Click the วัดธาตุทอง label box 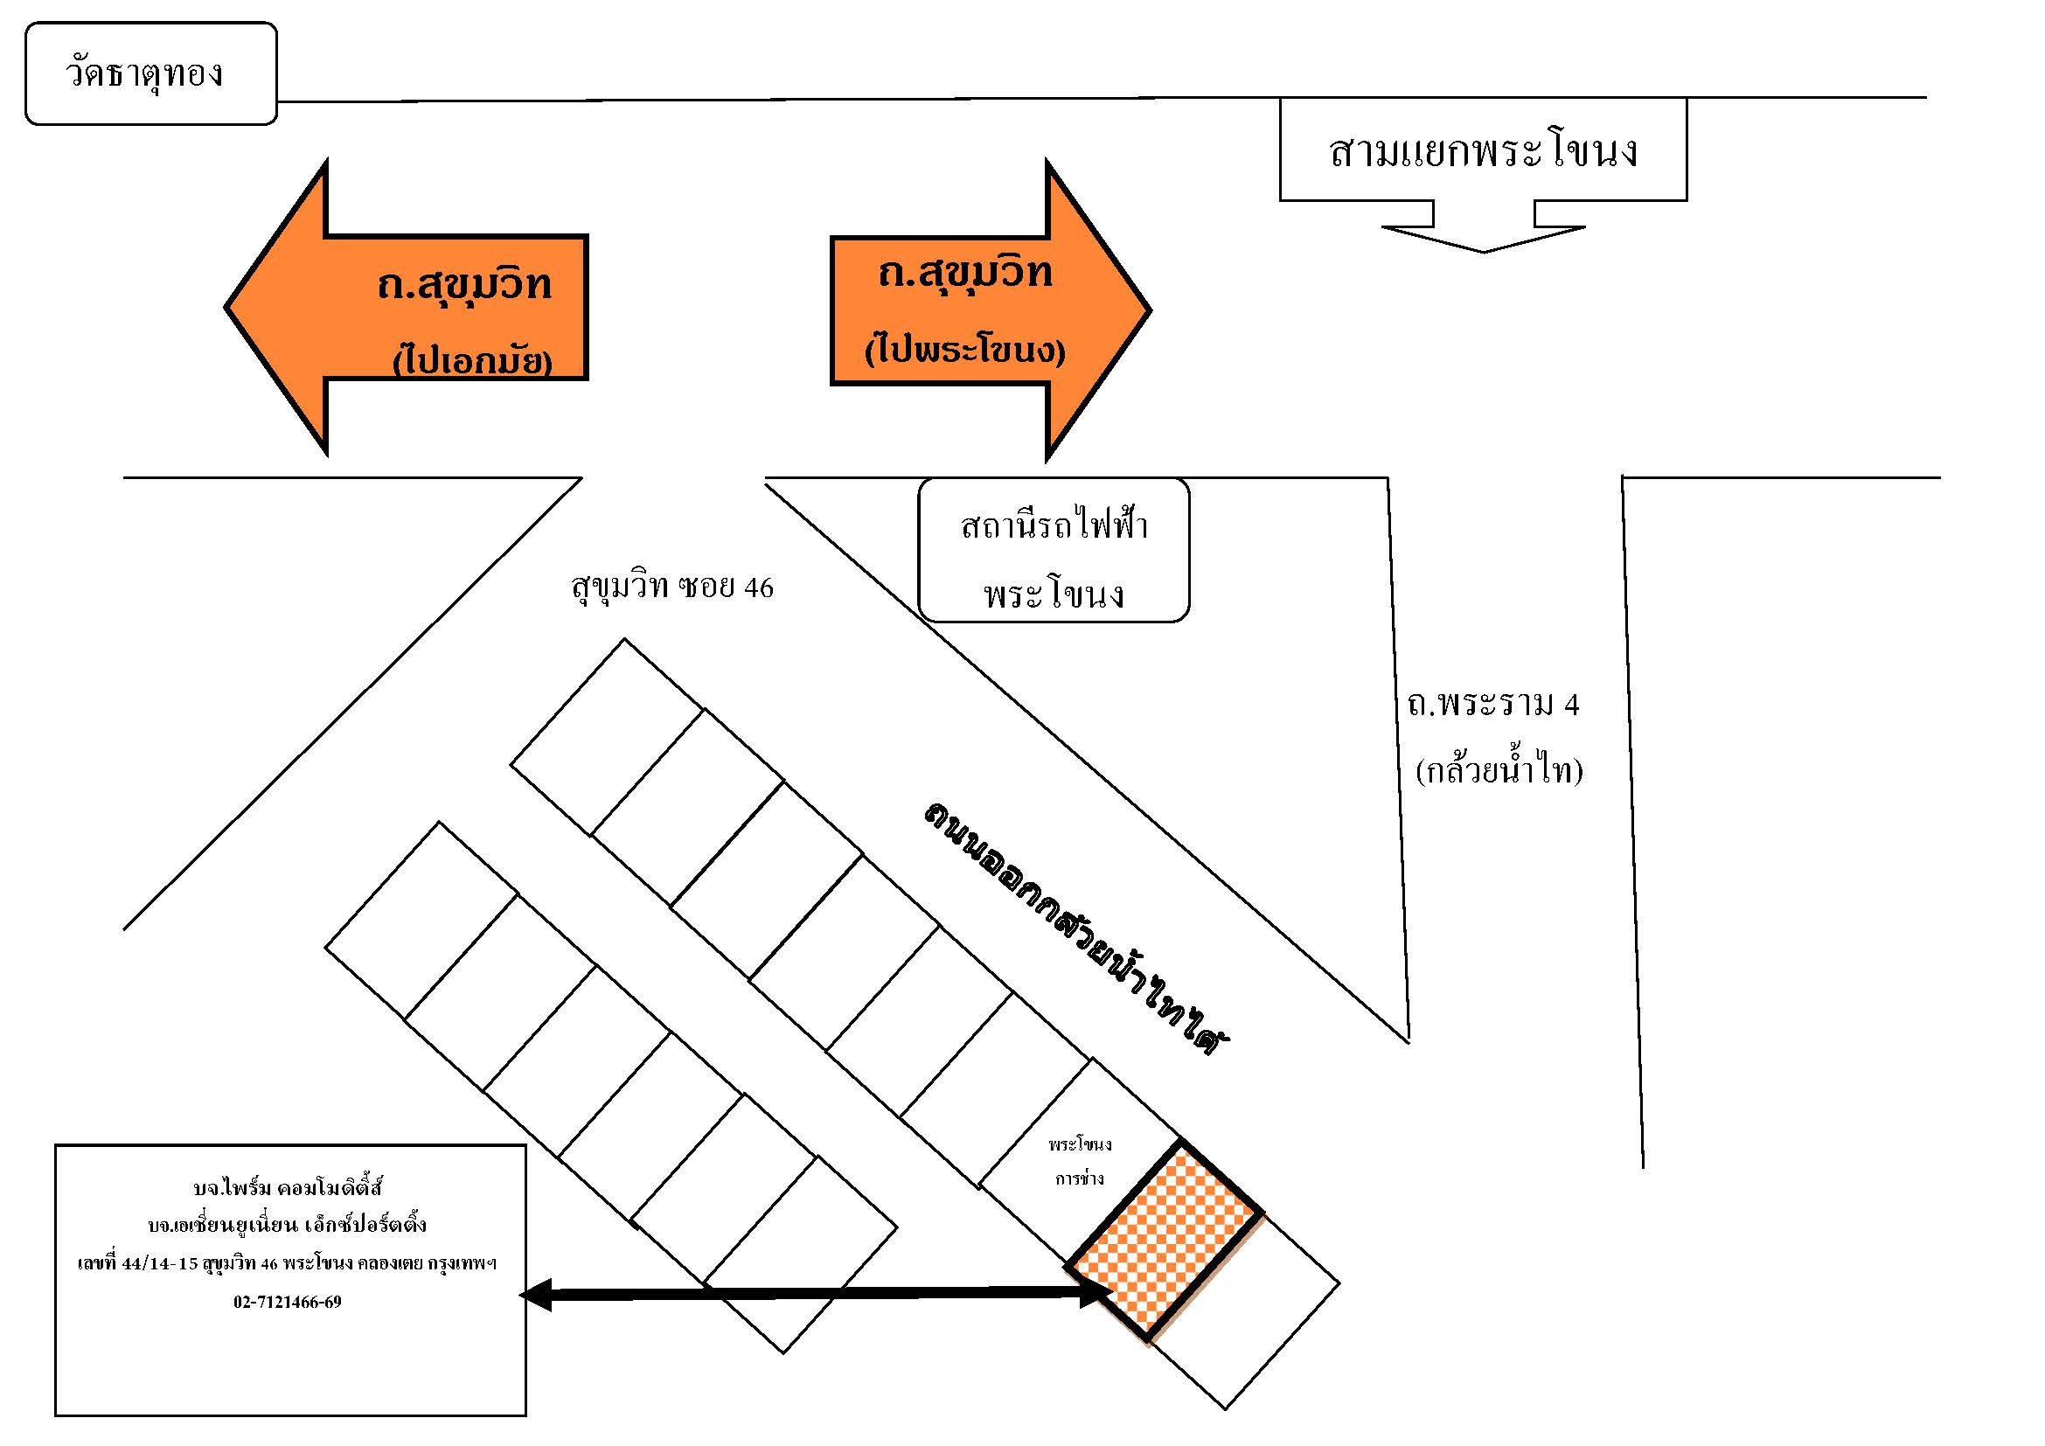click(x=150, y=73)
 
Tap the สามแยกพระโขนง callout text click(x=1483, y=151)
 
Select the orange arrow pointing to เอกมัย click(x=407, y=308)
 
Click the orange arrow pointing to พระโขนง click(x=991, y=310)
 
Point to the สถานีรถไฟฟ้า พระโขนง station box click(x=1054, y=549)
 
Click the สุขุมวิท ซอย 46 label click(x=672, y=587)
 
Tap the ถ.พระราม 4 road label click(x=1493, y=705)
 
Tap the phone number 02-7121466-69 click(x=288, y=1302)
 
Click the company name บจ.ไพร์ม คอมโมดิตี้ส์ click(x=288, y=1187)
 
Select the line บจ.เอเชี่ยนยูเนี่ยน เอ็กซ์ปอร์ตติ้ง click(x=288, y=1225)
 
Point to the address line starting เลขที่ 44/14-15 click(x=288, y=1263)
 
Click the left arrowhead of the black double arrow click(x=535, y=1295)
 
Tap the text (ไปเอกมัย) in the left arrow click(x=473, y=359)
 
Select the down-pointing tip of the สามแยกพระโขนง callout click(x=1483, y=252)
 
